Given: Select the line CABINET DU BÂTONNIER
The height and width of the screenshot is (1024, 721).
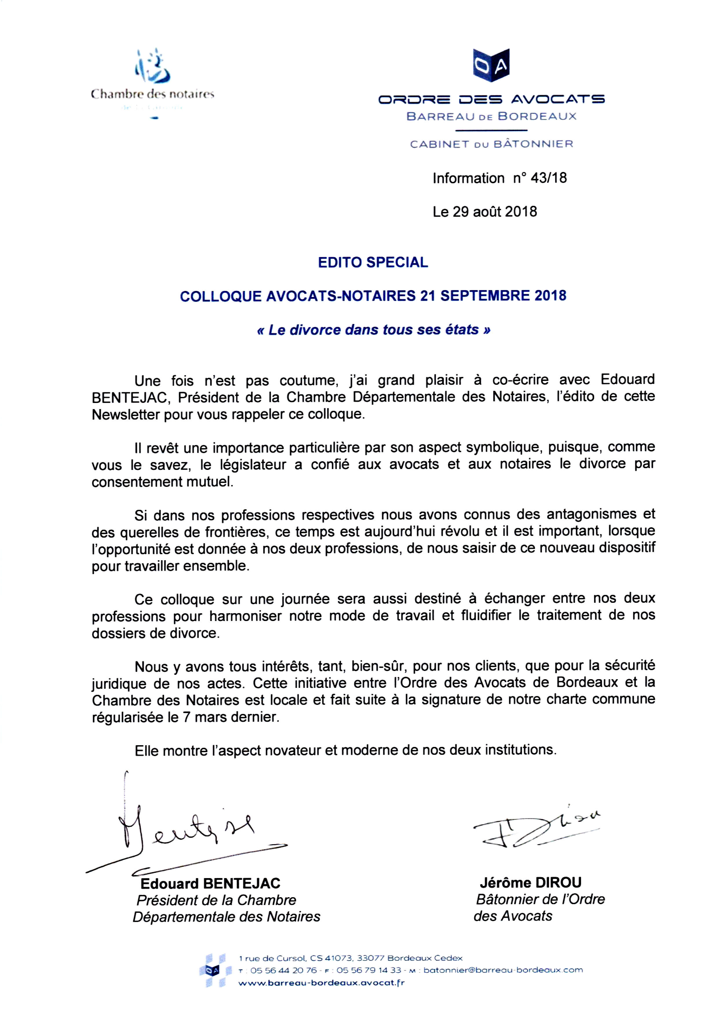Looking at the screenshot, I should click(x=491, y=144).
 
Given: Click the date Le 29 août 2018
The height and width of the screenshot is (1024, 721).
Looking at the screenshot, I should click(x=485, y=212).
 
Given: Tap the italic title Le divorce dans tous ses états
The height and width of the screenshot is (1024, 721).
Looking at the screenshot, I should click(x=373, y=330).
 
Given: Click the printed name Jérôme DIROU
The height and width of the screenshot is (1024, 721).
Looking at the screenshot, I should click(x=530, y=883).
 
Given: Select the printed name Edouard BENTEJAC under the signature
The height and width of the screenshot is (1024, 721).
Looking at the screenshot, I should click(x=210, y=884).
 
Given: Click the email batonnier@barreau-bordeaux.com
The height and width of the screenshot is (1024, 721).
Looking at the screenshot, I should click(x=503, y=970).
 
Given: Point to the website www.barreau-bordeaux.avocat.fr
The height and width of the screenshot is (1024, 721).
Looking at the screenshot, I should click(x=321, y=983).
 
